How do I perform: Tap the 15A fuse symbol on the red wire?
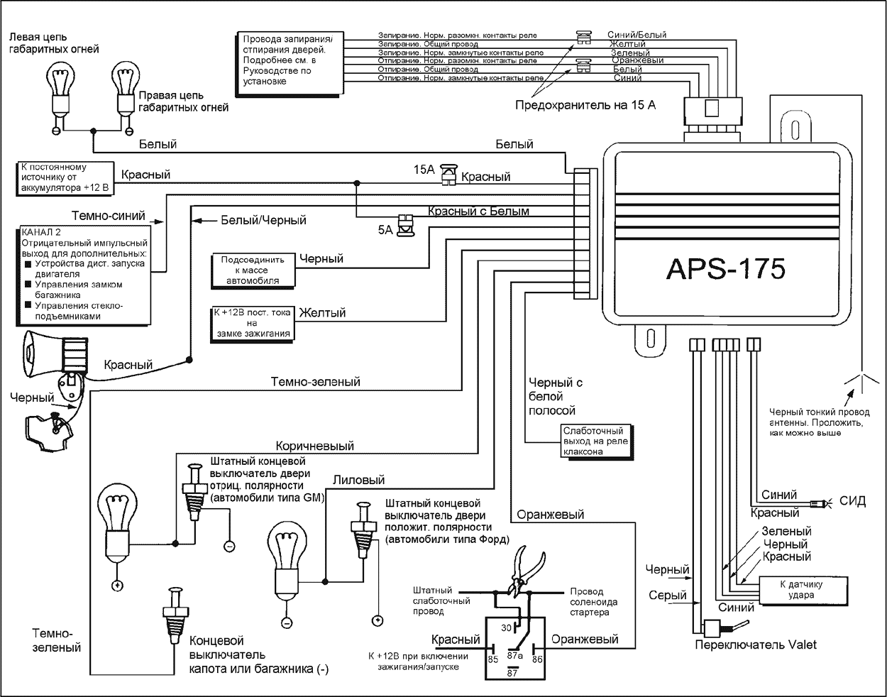[448, 175]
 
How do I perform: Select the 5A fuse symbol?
[405, 225]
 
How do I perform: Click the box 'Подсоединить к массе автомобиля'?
[252, 270]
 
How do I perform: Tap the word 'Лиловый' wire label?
[358, 481]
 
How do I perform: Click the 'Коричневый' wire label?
[314, 446]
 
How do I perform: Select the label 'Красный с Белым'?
[478, 212]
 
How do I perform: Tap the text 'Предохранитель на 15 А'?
[585, 106]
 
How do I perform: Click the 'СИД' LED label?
[852, 501]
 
